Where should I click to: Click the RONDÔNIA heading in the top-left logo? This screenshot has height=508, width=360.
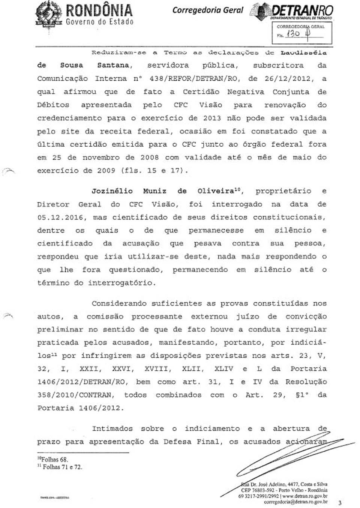tap(99, 10)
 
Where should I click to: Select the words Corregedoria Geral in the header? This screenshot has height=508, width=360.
tap(208, 10)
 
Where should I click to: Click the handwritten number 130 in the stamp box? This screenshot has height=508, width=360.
tap(293, 34)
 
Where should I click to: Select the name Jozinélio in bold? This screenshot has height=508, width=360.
tap(112, 191)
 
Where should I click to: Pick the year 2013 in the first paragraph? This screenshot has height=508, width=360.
tap(212, 118)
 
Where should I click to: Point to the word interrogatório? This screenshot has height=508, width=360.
tap(121, 283)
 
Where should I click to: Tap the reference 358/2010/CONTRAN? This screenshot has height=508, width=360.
tap(75, 395)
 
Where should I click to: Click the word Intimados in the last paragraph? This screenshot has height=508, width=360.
tap(112, 428)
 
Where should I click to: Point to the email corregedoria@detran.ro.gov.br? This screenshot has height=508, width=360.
tap(295, 502)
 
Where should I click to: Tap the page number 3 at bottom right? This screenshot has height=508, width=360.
tap(340, 503)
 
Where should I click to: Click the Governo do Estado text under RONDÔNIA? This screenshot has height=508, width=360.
tap(100, 22)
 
